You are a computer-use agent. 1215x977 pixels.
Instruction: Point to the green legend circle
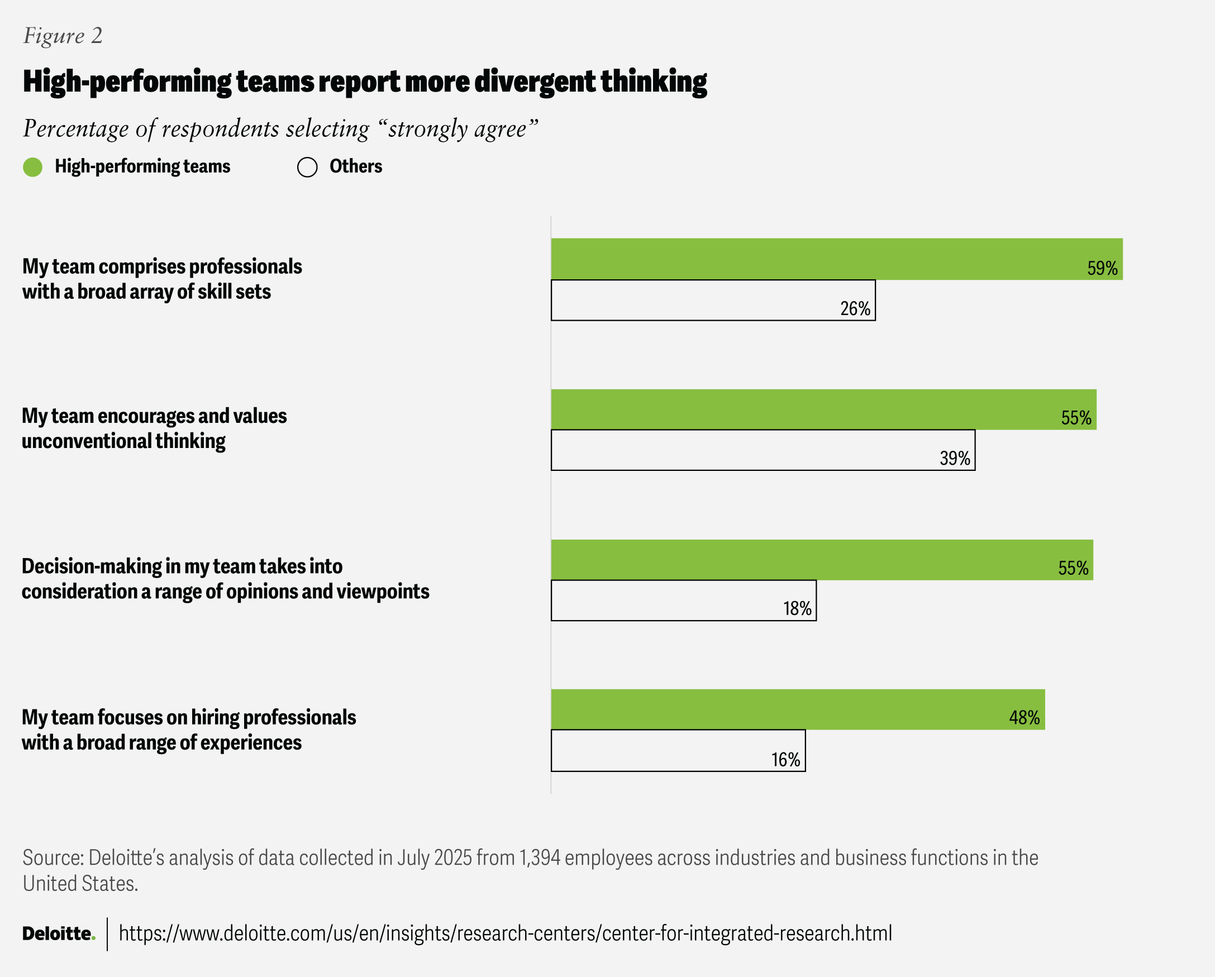point(33,167)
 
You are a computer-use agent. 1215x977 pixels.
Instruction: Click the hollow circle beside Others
point(307,167)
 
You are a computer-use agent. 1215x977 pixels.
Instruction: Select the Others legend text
point(356,166)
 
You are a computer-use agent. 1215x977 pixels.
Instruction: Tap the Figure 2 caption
point(63,36)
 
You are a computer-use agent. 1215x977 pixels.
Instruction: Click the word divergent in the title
point(534,82)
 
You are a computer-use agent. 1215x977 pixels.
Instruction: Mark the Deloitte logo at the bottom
point(59,933)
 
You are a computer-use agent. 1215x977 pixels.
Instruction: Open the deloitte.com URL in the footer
point(505,933)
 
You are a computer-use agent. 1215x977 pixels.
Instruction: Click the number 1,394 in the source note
point(539,857)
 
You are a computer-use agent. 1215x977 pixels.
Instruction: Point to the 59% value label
point(1102,268)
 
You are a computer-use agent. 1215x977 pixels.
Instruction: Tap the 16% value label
point(785,760)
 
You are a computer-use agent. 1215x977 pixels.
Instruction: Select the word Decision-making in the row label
point(92,566)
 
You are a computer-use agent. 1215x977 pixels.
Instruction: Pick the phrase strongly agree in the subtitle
point(457,129)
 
